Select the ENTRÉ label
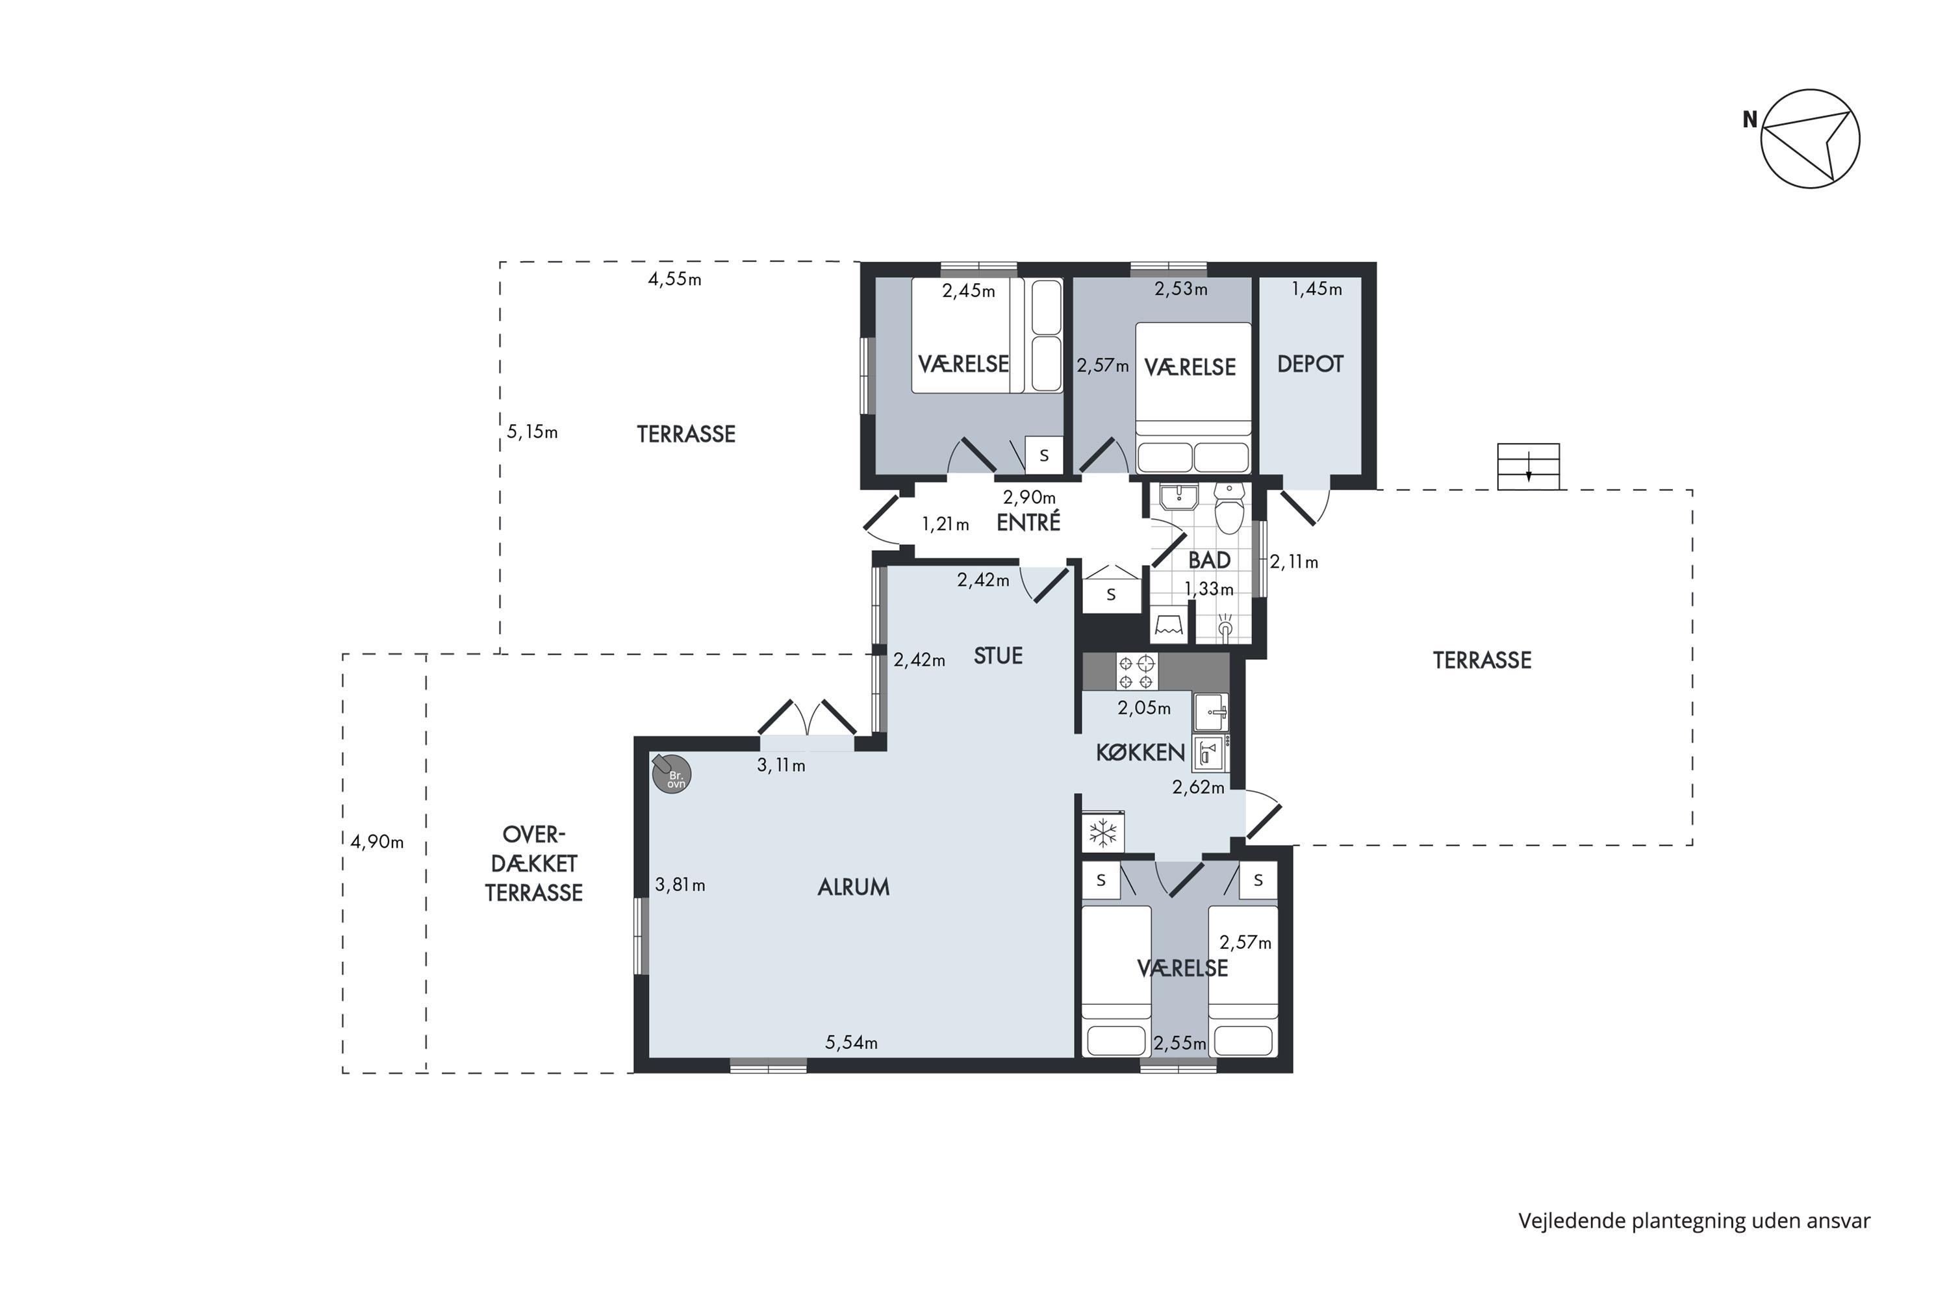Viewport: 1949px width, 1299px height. tap(1028, 522)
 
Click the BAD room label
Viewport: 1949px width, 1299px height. tap(1209, 560)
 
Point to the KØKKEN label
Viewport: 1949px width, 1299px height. tap(1140, 752)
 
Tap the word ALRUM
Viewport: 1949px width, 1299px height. tap(854, 887)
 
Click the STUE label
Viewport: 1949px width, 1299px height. tap(998, 656)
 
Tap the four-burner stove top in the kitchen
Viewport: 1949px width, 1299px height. tap(1136, 672)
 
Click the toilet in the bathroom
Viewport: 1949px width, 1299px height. tap(1229, 508)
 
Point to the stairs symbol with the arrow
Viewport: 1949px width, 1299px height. tap(1528, 466)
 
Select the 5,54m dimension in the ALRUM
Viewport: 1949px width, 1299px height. tap(851, 1042)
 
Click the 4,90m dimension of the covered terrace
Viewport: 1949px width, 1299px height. tap(377, 842)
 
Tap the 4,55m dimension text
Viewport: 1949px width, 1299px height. tap(674, 279)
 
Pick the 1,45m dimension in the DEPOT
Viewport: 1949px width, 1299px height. tap(1317, 288)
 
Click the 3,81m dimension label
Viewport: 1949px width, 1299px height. tap(680, 885)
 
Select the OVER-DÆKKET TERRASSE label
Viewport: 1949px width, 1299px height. tap(533, 863)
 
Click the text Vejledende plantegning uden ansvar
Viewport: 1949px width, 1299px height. tap(1694, 1221)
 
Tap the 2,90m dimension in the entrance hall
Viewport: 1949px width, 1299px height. tap(1029, 497)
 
